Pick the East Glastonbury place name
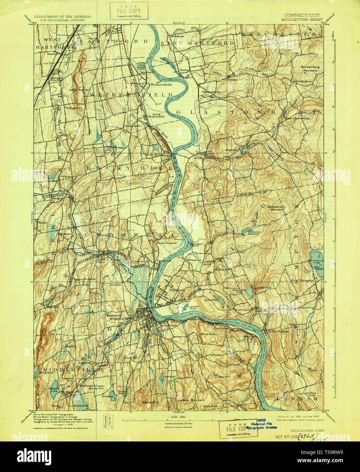click(298, 119)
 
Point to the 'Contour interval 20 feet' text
click(176, 424)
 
